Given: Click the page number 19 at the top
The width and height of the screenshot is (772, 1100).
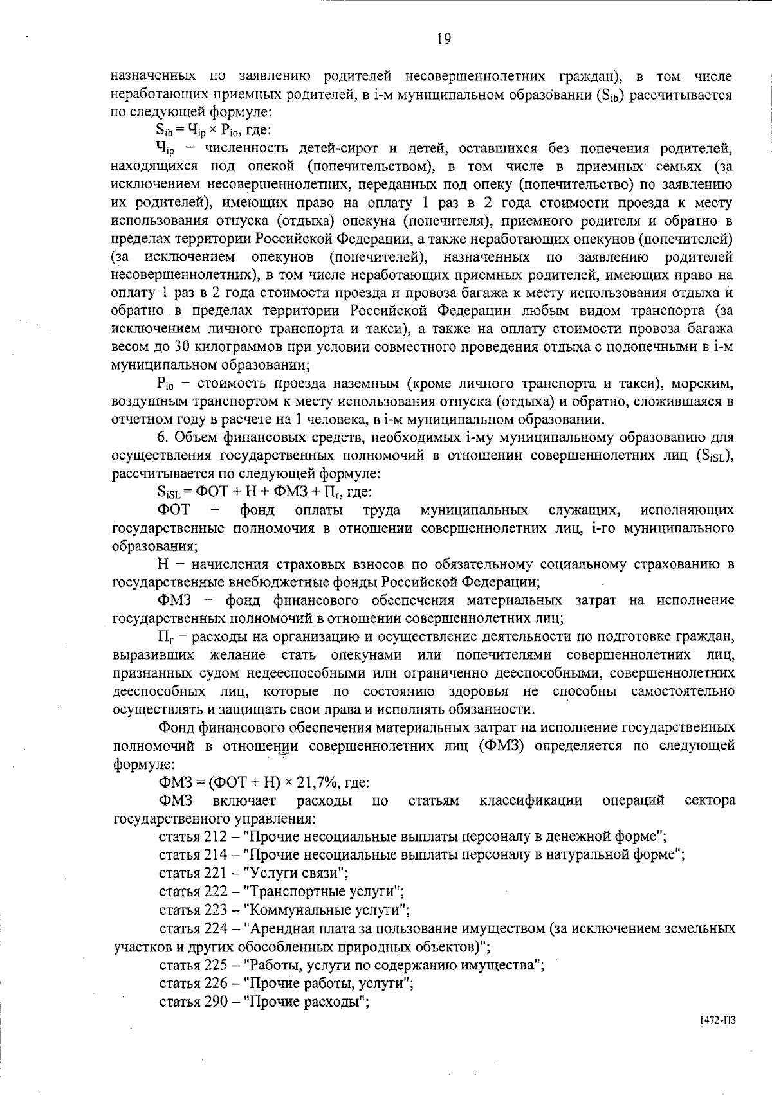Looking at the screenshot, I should click(444, 40).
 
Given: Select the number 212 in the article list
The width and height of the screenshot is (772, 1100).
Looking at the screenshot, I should click(215, 836).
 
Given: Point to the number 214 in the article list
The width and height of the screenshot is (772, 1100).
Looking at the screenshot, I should click(215, 855).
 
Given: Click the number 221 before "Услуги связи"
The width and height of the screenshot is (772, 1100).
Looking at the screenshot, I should click(215, 873).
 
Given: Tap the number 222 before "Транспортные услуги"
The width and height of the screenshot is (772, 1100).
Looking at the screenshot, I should click(215, 892).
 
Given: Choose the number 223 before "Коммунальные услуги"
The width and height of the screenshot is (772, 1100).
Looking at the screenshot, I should click(215, 910).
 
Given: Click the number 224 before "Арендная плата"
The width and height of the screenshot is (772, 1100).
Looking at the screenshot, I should click(215, 928).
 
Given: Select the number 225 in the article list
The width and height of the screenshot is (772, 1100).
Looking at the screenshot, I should click(215, 965).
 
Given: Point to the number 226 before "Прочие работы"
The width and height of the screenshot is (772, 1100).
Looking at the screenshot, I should click(215, 983).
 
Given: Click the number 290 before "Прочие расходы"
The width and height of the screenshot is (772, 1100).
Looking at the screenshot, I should click(215, 1002).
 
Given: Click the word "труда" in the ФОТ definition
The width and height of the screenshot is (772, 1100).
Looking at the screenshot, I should click(381, 510).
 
